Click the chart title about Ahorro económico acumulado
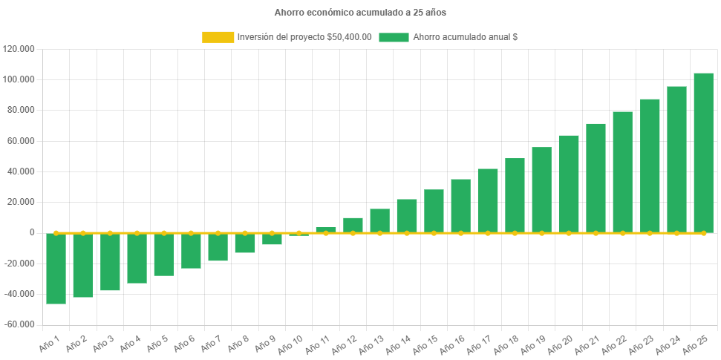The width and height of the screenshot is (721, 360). pyautogui.click(x=360, y=13)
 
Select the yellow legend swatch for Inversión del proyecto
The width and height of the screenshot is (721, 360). pyautogui.click(x=218, y=37)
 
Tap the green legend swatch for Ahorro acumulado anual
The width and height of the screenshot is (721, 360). pyautogui.click(x=394, y=37)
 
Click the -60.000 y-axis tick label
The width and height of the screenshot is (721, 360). pyautogui.click(x=19, y=324)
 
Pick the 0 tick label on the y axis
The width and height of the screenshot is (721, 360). pyautogui.click(x=31, y=232)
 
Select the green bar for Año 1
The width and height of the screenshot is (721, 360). pyautogui.click(x=56, y=269)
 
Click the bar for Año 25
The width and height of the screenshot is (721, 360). pyautogui.click(x=703, y=153)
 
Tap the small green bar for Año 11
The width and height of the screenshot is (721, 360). pyautogui.click(x=326, y=229)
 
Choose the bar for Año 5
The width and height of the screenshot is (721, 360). pyautogui.click(x=164, y=255)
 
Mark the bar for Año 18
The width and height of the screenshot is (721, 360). pyautogui.click(x=515, y=195)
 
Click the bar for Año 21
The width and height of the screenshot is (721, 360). pyautogui.click(x=596, y=178)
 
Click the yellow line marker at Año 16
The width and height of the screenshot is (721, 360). pyautogui.click(x=460, y=233)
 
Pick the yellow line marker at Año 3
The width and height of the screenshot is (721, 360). pyautogui.click(x=110, y=233)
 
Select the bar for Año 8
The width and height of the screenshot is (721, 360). pyautogui.click(x=245, y=243)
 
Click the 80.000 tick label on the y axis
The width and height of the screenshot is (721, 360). pyautogui.click(x=22, y=110)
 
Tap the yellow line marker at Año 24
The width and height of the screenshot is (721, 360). pyautogui.click(x=676, y=233)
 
